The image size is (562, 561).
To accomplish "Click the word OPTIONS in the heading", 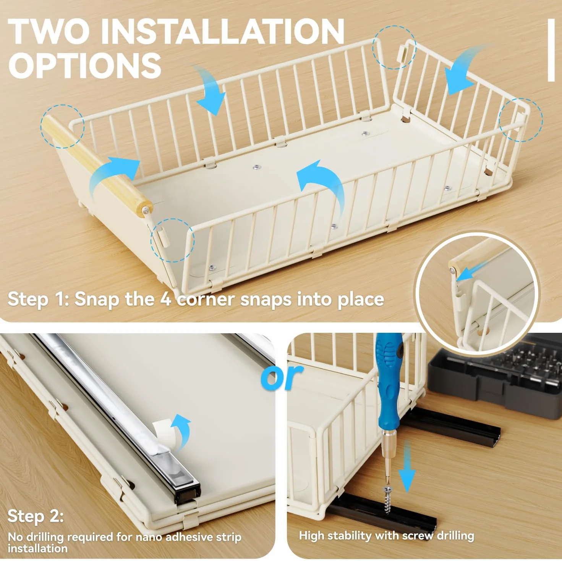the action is [x=84, y=66].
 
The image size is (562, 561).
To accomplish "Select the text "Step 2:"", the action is [x=36, y=516].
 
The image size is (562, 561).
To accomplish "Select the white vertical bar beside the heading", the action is [x=551, y=50].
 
